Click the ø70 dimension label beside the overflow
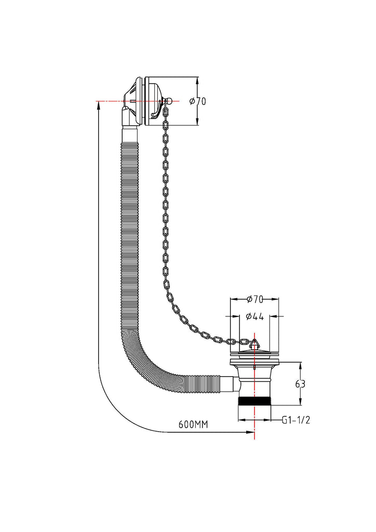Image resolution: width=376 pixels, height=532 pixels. (198, 101)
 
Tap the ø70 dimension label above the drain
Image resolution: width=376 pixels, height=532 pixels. (254, 299)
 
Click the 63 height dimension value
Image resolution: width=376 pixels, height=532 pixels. (300, 384)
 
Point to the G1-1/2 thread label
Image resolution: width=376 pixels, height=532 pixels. (296, 420)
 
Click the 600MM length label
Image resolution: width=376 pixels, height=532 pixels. (193, 424)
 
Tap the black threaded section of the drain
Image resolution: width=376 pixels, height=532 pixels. (254, 403)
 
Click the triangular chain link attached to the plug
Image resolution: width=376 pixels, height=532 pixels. (254, 343)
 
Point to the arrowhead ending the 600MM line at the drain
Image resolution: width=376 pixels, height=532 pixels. (251, 432)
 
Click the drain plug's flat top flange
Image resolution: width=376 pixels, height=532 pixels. (254, 355)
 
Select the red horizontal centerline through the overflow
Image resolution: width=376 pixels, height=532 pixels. (109, 101)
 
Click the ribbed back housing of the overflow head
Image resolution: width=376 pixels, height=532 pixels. (134, 99)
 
